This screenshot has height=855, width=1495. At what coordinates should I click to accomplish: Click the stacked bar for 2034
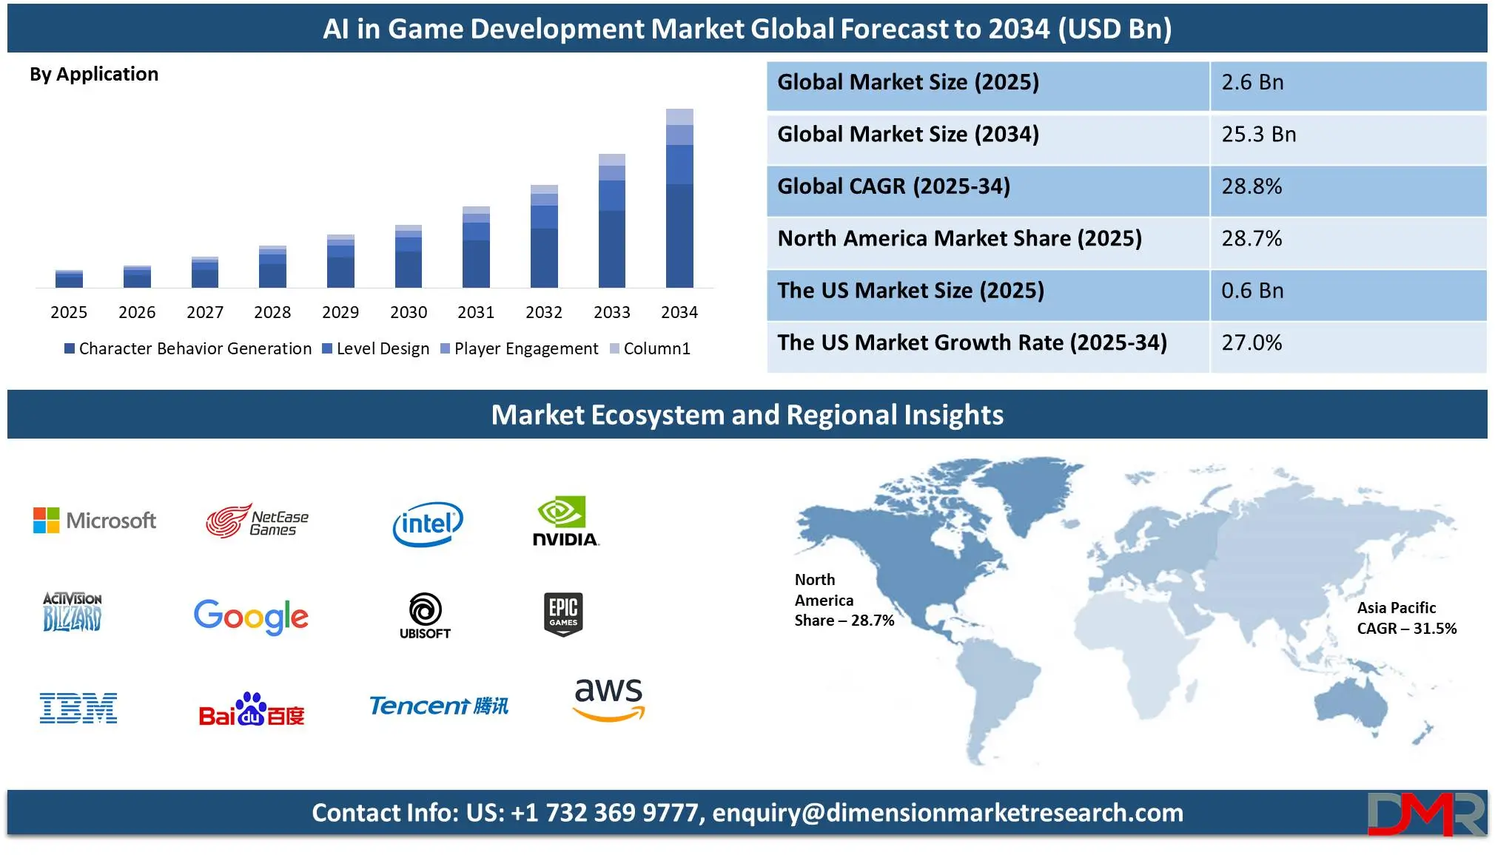(679, 198)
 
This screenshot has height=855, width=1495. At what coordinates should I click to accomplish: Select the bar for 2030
(409, 256)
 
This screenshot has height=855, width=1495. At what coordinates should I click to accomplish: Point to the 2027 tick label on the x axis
(205, 312)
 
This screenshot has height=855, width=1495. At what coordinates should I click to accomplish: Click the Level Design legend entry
(376, 348)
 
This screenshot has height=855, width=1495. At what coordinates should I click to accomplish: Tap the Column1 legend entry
(650, 348)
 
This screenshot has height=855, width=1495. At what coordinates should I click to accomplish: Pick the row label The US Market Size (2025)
(910, 291)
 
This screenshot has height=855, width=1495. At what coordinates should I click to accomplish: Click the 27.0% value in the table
(1252, 343)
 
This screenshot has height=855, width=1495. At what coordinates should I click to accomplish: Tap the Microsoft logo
(95, 521)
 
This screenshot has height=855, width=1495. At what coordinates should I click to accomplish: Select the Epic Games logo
(563, 614)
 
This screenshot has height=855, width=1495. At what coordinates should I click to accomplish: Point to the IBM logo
(78, 708)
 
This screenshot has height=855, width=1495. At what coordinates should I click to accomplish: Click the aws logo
(609, 699)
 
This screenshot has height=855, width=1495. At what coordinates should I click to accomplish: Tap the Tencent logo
(439, 706)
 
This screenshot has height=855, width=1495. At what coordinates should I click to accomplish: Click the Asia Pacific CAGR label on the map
(1406, 618)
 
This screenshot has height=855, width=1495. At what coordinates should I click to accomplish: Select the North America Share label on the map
(844, 600)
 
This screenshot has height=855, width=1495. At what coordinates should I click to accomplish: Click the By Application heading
(94, 74)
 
